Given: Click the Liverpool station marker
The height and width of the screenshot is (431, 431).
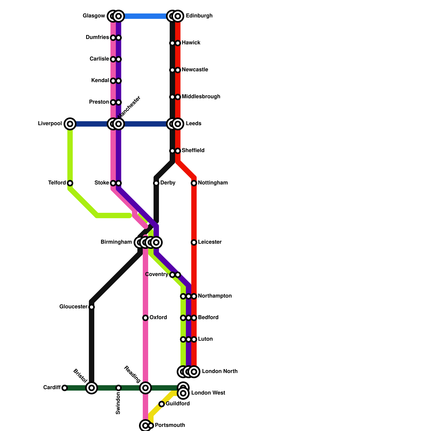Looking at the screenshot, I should coord(70,124).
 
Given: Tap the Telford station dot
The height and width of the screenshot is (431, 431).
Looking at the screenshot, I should coord(70,183).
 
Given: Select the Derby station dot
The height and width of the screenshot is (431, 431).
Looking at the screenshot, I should coord(156,183).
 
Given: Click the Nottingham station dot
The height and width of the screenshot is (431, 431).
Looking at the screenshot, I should coord(194,183).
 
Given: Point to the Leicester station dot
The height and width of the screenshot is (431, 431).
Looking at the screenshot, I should coord(194,242).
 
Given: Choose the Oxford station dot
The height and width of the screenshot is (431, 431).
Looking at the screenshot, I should coord(145,318).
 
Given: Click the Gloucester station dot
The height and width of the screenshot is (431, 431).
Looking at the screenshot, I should coord(92,307).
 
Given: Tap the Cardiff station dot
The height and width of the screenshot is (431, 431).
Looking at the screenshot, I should coord(64,388).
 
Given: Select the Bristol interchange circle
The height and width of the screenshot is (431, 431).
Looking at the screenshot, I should coord(92,388).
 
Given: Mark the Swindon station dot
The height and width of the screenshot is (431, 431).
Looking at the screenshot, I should coord(119,388).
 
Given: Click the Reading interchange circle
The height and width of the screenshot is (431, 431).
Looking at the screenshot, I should coord(145,388).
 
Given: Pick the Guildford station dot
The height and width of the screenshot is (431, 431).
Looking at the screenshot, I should coord(162,404).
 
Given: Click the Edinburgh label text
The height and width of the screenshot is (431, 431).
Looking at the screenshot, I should coord(199,16).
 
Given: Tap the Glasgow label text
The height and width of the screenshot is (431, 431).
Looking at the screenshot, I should coord(94,16).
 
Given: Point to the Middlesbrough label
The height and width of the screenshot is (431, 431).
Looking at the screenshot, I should coord(201,97).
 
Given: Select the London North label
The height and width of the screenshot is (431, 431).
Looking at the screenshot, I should coord(220,371).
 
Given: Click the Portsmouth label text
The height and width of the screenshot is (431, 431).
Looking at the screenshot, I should coord(170,425).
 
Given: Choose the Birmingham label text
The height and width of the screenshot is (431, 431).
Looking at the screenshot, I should coord(116,242).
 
